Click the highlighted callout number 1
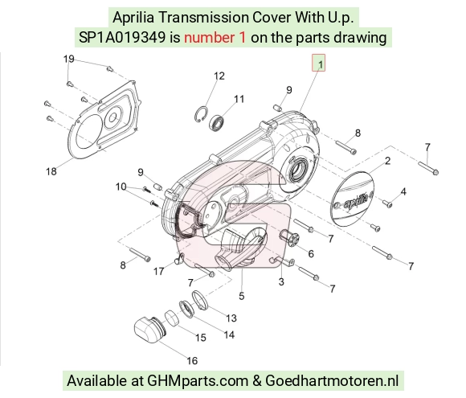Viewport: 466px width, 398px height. click(319, 63)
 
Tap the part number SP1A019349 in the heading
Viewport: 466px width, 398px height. click(122, 38)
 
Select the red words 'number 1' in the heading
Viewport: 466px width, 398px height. click(215, 38)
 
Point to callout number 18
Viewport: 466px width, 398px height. click(51, 171)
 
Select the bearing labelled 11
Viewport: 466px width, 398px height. click(217, 122)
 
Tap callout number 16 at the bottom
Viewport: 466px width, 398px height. click(192, 360)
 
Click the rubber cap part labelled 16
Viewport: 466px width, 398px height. click(149, 330)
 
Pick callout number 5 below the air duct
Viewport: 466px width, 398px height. click(241, 296)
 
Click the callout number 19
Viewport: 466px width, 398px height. click(68, 59)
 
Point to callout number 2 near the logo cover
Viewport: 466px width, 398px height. click(387, 161)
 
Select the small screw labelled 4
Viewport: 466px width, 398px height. click(387, 203)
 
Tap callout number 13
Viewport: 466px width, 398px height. click(231, 318)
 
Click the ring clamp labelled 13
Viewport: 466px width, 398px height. click(200, 301)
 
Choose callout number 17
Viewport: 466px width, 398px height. click(159, 271)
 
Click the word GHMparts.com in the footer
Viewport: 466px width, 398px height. click(198, 381)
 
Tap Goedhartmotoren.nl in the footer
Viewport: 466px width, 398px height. click(331, 380)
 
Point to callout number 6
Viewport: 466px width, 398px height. click(311, 254)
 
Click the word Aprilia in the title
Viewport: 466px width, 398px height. click(133, 17)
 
